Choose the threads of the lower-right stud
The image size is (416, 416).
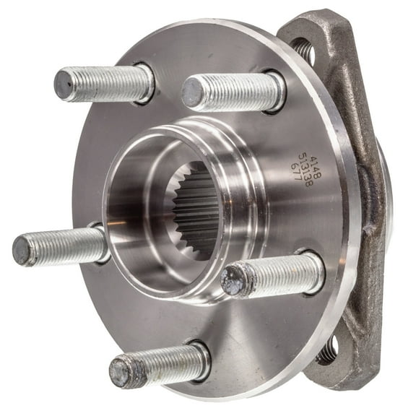pos(278,273)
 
